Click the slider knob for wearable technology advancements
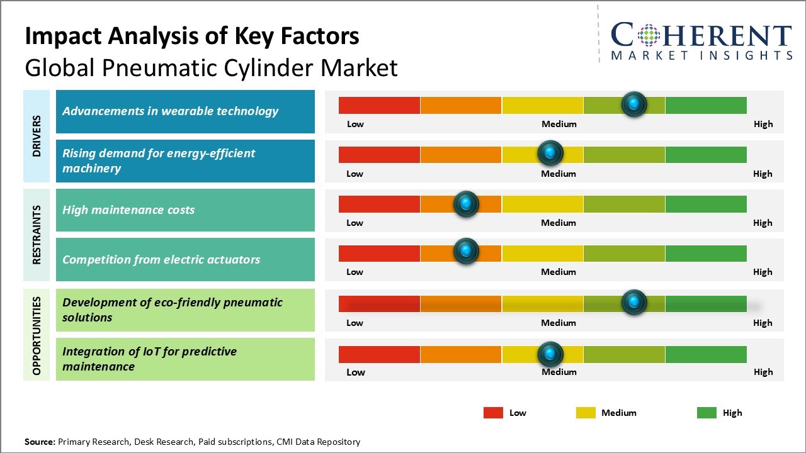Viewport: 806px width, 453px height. pyautogui.click(x=634, y=104)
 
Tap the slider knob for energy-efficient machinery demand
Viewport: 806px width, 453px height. pyautogui.click(x=550, y=153)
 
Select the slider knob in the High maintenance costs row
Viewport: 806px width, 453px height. pyautogui.click(x=466, y=204)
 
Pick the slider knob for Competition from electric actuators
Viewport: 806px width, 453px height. pyautogui.click(x=466, y=250)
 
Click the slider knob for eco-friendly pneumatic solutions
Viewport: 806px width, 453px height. pyautogui.click(x=634, y=302)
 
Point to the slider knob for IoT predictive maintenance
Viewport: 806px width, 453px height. pyautogui.click(x=550, y=354)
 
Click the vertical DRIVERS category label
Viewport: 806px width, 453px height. pyautogui.click(x=37, y=136)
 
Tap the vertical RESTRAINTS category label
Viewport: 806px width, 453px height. pyautogui.click(x=37, y=235)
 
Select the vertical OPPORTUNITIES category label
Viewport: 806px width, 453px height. pyautogui.click(x=37, y=336)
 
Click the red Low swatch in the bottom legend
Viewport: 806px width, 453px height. pyautogui.click(x=493, y=413)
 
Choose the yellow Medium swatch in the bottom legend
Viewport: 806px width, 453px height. pyautogui.click(x=586, y=413)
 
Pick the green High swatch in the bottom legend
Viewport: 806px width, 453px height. pyautogui.click(x=707, y=413)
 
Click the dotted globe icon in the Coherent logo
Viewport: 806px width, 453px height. pyautogui.click(x=649, y=35)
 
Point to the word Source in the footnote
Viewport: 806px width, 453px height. pyautogui.click(x=40, y=442)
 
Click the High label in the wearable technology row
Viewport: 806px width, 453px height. pyautogui.click(x=763, y=124)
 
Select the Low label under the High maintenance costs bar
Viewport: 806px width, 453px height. pyautogui.click(x=355, y=223)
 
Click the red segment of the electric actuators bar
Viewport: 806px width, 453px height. pyautogui.click(x=379, y=254)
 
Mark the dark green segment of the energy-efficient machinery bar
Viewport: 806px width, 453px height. pyautogui.click(x=706, y=155)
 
